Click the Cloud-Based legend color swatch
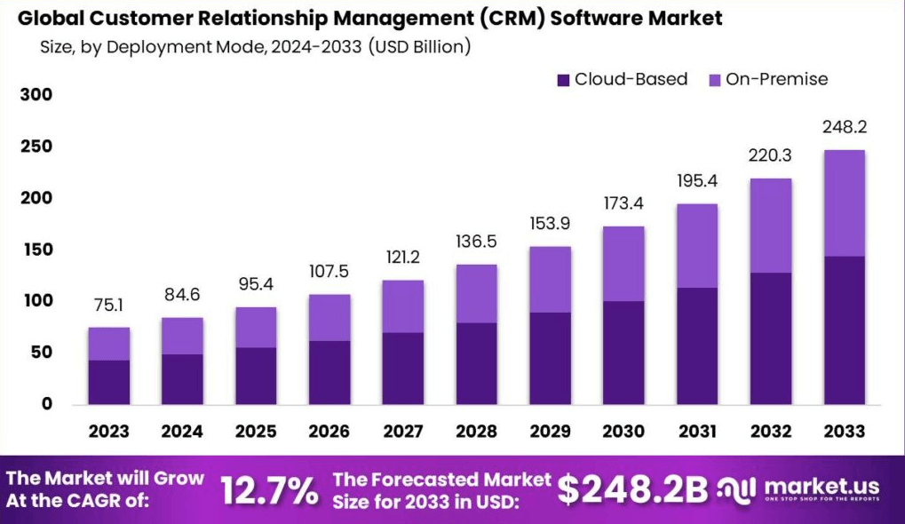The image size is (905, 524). click(x=563, y=80)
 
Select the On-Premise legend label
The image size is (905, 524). click(x=776, y=79)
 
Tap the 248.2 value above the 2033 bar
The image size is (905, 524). click(x=844, y=127)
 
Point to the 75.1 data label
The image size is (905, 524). click(x=108, y=306)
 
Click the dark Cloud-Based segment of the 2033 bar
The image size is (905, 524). click(x=844, y=329)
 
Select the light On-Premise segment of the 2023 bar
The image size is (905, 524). click(x=108, y=344)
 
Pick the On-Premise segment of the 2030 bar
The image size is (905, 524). click(x=623, y=264)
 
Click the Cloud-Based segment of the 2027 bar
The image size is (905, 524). click(x=402, y=368)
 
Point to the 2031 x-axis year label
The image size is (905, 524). click(x=697, y=432)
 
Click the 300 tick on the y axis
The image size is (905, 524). click(x=36, y=95)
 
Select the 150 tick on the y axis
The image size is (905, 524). click(x=36, y=250)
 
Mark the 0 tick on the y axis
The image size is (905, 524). click(x=46, y=404)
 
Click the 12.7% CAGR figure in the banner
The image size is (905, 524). click(x=269, y=489)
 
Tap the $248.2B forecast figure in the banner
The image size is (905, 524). click(x=632, y=488)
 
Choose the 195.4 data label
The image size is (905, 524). click(x=697, y=181)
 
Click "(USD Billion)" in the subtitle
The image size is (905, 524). click(x=419, y=46)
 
